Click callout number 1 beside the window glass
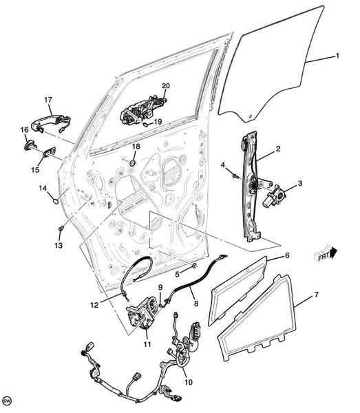click(x=337, y=56)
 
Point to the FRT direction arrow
click(x=326, y=253)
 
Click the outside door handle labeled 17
click(x=51, y=123)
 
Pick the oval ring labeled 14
click(x=56, y=202)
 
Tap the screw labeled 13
click(x=61, y=228)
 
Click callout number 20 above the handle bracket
click(x=166, y=86)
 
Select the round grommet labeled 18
click(x=133, y=162)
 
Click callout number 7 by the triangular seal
click(x=316, y=295)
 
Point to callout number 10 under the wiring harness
click(x=189, y=381)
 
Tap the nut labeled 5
click(x=195, y=266)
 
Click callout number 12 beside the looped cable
click(x=94, y=305)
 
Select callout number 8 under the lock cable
click(x=196, y=304)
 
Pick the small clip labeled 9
click(x=160, y=305)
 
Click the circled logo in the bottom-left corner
click(x=8, y=401)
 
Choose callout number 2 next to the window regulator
click(x=278, y=149)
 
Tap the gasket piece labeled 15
click(x=49, y=153)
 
